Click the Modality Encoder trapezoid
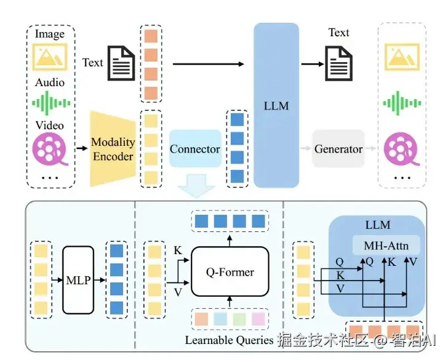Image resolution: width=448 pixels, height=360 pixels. click(112, 148)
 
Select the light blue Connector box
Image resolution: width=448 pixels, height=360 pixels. click(194, 149)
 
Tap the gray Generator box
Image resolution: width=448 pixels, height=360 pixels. click(338, 149)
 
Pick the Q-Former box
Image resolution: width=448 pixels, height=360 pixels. click(230, 271)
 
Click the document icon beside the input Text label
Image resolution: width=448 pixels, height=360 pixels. click(121, 62)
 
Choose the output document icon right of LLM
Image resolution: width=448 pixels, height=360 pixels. click(338, 62)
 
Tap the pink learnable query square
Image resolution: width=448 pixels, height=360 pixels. click(258, 319)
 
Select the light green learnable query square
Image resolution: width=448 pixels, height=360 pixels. click(239, 319)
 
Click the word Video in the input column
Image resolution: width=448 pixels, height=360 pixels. click(49, 125)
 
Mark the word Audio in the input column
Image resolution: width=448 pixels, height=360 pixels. click(50, 82)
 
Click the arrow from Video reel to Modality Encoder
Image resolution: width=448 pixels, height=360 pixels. click(80, 148)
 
